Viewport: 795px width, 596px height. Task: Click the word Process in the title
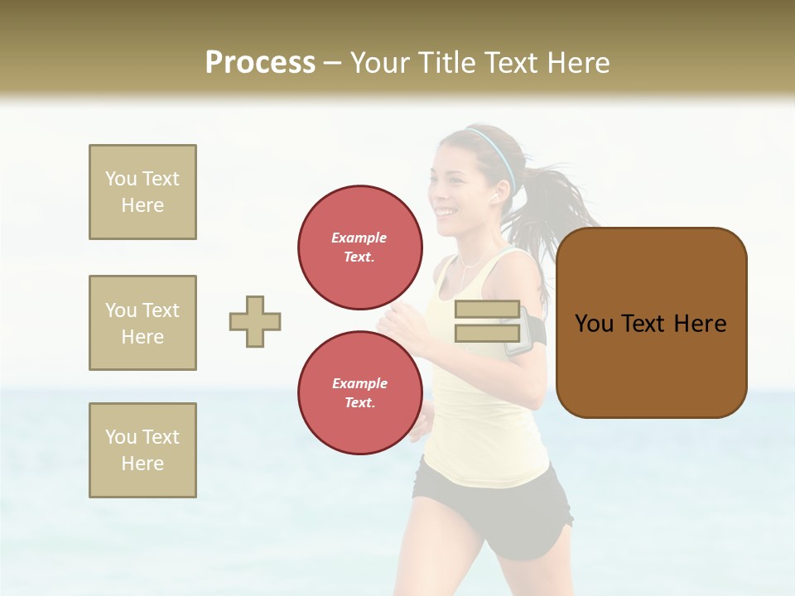[x=260, y=63]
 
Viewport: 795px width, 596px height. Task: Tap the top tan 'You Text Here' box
[x=142, y=192]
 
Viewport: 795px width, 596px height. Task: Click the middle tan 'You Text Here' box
[x=142, y=323]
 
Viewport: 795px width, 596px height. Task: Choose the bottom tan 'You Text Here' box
[x=142, y=450]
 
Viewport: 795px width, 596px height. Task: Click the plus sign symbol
[x=255, y=321]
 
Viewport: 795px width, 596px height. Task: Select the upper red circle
[x=360, y=248]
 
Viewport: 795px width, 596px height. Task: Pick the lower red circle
[x=360, y=393]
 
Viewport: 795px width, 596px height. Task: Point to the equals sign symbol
[x=487, y=321]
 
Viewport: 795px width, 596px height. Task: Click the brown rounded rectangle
[x=651, y=323]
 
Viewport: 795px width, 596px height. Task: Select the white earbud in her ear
[x=495, y=195]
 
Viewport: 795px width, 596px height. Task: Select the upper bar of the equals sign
[x=487, y=310]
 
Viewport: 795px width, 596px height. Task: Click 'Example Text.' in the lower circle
[x=360, y=393]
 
